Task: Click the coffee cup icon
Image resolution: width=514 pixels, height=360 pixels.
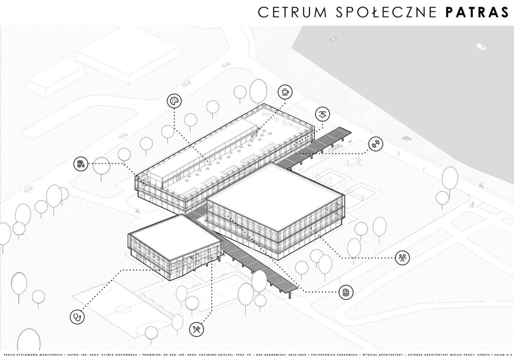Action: point(285,92)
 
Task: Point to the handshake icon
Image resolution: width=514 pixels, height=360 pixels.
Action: point(322,114)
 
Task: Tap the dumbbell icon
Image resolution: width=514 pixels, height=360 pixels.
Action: point(375,144)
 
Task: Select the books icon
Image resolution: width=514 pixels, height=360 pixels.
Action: point(80,163)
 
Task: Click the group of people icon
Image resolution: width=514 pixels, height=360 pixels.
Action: point(402,258)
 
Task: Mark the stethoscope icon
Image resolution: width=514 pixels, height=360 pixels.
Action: point(77,317)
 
